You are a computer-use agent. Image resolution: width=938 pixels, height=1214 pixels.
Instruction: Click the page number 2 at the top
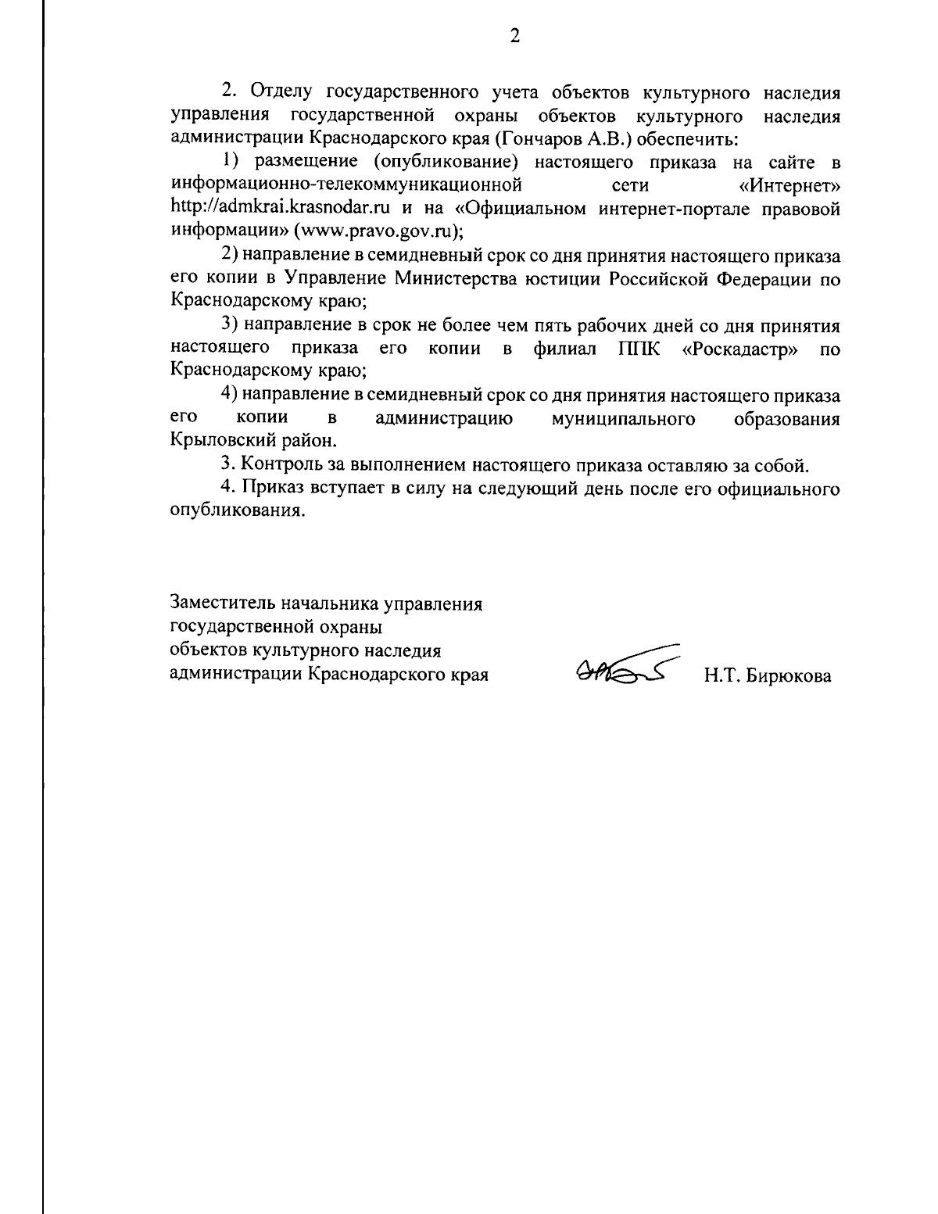tap(514, 36)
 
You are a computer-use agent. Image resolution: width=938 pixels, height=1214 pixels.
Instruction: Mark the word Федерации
tap(762, 278)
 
